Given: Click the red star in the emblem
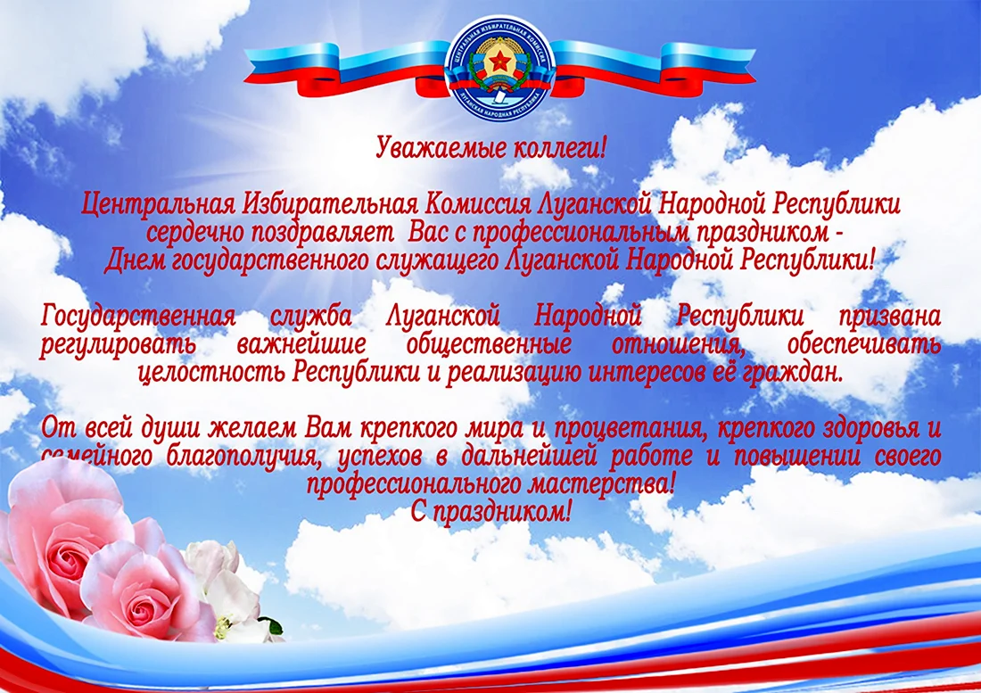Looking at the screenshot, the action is pyautogui.click(x=500, y=62).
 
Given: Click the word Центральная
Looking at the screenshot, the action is pyautogui.click(x=158, y=204).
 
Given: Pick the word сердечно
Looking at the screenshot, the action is pyautogui.click(x=195, y=233).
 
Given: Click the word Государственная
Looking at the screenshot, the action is pyautogui.click(x=138, y=317).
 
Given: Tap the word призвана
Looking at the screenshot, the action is pyautogui.click(x=890, y=317).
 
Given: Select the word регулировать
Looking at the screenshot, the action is pyautogui.click(x=119, y=345).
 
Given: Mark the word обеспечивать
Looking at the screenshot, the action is pyautogui.click(x=864, y=344).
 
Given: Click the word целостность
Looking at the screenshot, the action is pyautogui.click(x=212, y=373).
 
